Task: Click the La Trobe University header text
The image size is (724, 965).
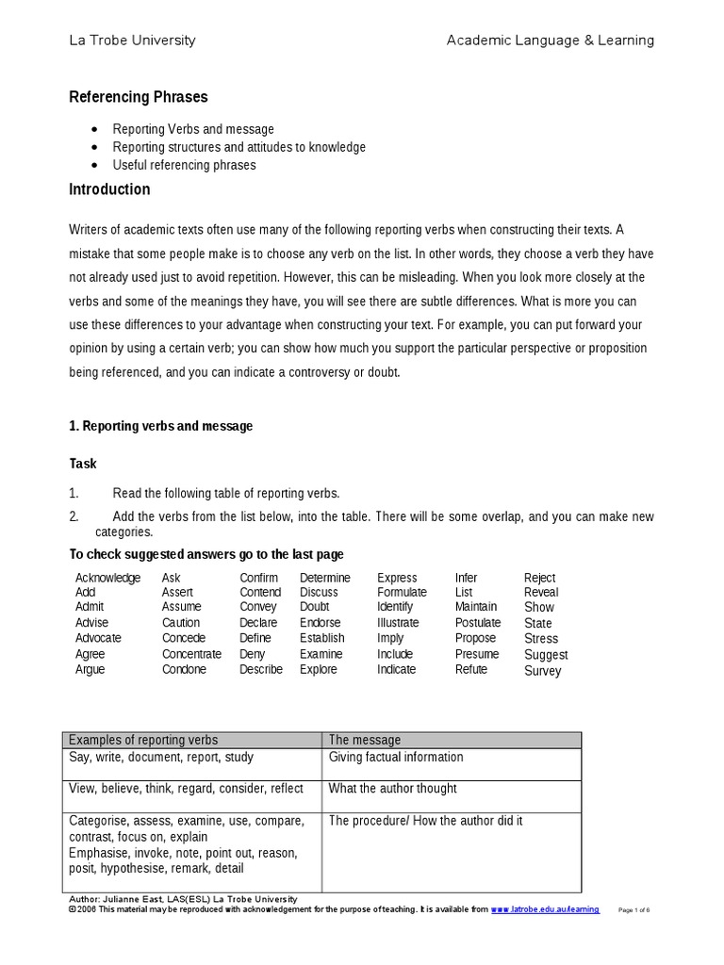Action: tap(132, 40)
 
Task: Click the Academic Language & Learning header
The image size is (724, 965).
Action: tap(550, 40)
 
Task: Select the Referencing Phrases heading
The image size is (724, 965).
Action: tap(139, 97)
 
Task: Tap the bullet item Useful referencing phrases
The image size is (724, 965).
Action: tap(184, 165)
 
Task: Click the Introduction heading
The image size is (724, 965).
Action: tap(109, 189)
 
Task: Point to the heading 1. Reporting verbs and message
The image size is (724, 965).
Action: tap(161, 426)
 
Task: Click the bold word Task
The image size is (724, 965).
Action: tap(83, 464)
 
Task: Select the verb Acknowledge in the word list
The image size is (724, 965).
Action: tap(107, 578)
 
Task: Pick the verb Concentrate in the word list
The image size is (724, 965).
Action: tap(191, 654)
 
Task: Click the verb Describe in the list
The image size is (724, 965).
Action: tap(261, 669)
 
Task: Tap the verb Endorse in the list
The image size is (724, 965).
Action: tap(321, 623)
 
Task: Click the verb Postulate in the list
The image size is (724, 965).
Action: tap(478, 623)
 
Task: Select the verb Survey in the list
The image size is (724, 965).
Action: tap(542, 671)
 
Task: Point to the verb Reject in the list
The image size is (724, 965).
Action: tap(539, 578)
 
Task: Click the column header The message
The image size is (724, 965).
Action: tap(364, 740)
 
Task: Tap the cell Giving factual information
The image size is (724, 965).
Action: tap(396, 757)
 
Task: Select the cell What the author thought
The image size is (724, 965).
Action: tap(392, 788)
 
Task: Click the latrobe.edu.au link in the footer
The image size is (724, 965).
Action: tap(545, 909)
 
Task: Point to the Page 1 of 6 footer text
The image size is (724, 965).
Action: tap(634, 909)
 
